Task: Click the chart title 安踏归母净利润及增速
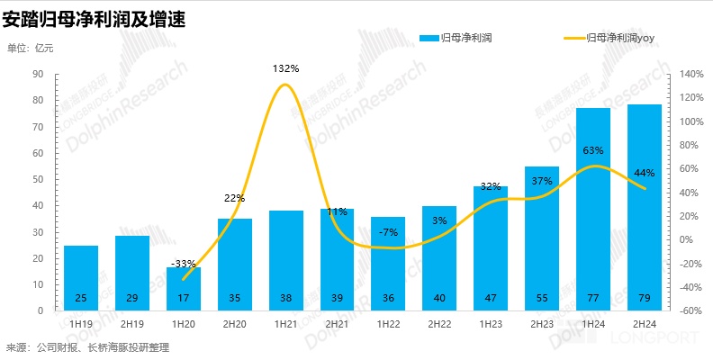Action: [95, 18]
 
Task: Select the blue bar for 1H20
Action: [183, 286]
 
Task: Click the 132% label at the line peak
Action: [285, 68]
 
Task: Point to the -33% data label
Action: [183, 263]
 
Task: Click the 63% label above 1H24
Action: [592, 150]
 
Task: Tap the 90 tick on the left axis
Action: [39, 75]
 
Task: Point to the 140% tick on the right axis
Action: [691, 75]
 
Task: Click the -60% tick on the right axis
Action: [691, 310]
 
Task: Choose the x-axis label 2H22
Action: [439, 322]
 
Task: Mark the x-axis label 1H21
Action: [285, 322]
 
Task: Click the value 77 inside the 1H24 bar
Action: [592, 297]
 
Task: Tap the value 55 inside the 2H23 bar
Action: [541, 297]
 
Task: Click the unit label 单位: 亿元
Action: [31, 48]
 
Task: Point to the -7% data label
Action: [388, 232]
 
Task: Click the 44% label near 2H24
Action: [644, 172]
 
